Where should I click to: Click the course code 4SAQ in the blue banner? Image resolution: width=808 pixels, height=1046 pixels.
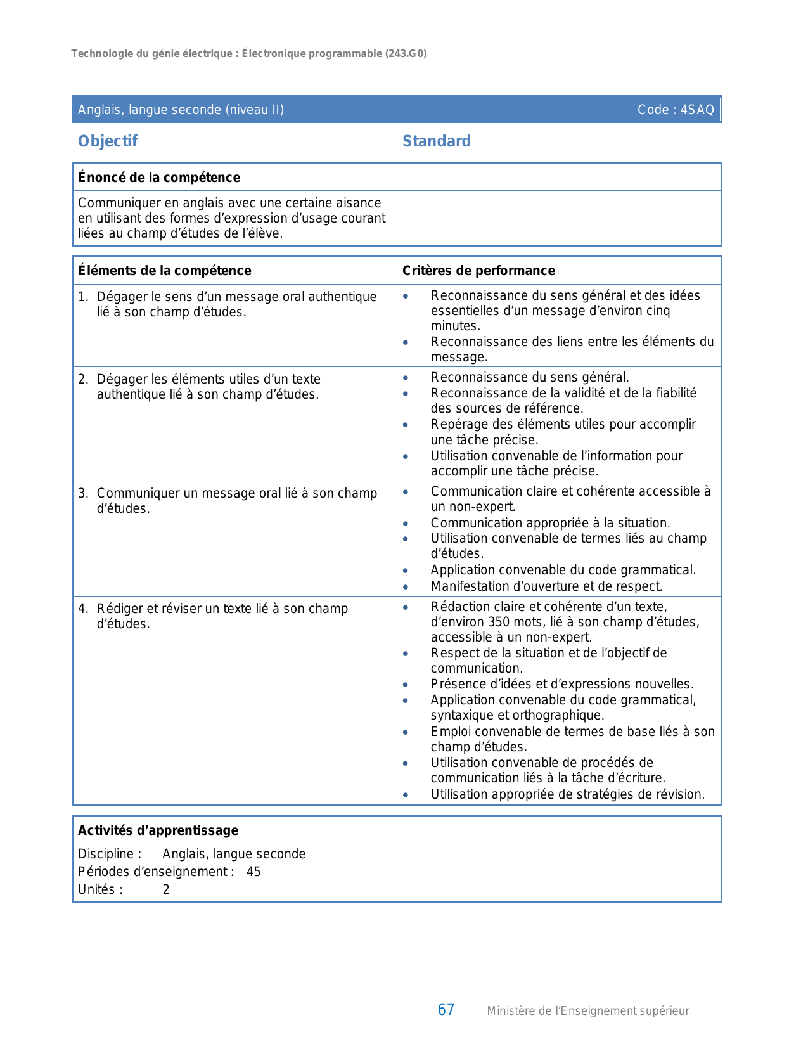click(697, 110)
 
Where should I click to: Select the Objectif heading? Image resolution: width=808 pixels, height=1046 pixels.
click(108, 141)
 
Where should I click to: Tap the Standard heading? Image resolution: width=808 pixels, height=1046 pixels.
click(437, 141)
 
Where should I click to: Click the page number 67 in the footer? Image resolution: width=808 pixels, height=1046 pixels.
click(446, 1010)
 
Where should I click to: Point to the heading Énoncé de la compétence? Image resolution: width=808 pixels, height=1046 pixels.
click(159, 178)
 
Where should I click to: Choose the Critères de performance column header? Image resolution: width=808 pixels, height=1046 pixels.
click(478, 271)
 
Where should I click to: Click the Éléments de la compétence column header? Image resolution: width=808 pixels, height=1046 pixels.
click(165, 271)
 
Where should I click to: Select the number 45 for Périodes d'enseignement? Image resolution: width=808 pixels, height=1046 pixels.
click(253, 872)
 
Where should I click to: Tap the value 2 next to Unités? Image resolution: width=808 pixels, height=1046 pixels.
click(166, 889)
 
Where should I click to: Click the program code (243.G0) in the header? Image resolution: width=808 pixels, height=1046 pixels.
click(406, 54)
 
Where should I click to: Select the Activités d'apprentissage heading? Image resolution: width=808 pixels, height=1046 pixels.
click(158, 830)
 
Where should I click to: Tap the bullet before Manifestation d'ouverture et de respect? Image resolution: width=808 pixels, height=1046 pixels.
click(406, 587)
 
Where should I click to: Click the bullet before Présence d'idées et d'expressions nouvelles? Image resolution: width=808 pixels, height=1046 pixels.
click(406, 685)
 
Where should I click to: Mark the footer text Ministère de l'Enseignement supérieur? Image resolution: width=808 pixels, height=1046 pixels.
click(588, 1011)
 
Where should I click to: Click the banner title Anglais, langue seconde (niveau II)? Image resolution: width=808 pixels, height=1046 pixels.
click(181, 110)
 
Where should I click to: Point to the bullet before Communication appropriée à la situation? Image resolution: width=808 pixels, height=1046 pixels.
click(406, 524)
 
